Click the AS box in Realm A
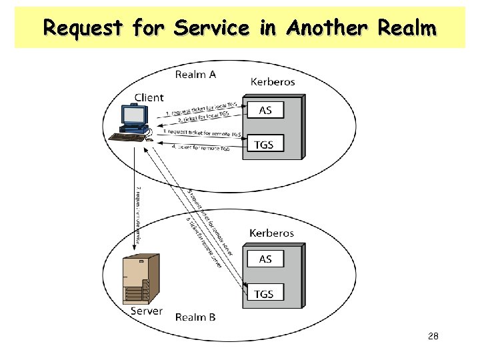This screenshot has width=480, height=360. [265, 111]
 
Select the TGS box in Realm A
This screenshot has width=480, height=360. [265, 144]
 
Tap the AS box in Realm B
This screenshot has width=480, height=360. [265, 259]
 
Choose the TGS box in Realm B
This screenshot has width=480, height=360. [265, 293]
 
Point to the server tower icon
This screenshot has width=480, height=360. [141, 279]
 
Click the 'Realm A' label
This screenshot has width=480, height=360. [195, 74]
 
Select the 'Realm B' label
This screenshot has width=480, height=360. [195, 317]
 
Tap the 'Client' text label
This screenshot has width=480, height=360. [149, 97]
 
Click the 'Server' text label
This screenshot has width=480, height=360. [146, 311]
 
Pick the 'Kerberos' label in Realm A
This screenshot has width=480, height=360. [273, 82]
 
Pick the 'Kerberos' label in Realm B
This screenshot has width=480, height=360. [271, 233]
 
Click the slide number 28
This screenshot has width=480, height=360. [433, 337]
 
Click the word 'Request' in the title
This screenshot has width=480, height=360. [83, 28]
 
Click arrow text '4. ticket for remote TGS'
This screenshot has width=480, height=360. [200, 147]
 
